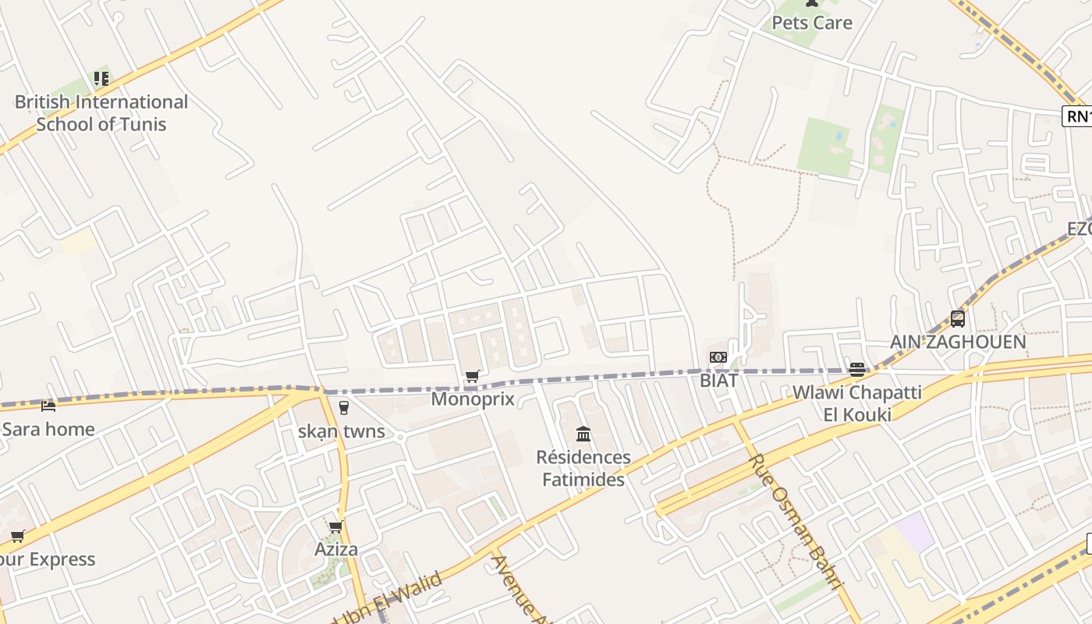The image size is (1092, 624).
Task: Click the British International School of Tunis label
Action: pyautogui.click(x=101, y=113)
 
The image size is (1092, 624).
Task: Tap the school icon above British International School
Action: pyautogui.click(x=101, y=78)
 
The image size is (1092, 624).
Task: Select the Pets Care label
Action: pyautogui.click(x=812, y=23)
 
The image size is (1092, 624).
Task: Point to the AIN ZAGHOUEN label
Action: pyautogui.click(x=958, y=342)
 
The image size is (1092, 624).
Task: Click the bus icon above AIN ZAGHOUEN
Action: pyautogui.click(x=958, y=318)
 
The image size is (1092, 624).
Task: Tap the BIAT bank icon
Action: pyautogui.click(x=718, y=358)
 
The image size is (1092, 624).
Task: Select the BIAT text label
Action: pyautogui.click(x=718, y=381)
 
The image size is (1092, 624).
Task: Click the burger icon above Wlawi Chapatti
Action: pyautogui.click(x=857, y=370)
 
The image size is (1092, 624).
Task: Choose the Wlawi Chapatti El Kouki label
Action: pyautogui.click(x=857, y=402)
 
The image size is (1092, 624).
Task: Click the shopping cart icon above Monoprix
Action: pyautogui.click(x=472, y=377)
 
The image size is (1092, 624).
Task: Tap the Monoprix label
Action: pyautogui.click(x=473, y=399)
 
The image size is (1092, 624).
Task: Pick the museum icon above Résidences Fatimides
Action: pyautogui.click(x=583, y=434)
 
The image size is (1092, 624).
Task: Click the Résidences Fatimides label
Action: pyautogui.click(x=583, y=468)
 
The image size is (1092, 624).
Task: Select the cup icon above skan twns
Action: pyautogui.click(x=343, y=407)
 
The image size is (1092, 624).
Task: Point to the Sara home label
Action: pyautogui.click(x=48, y=429)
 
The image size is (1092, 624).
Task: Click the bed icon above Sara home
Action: pyautogui.click(x=48, y=406)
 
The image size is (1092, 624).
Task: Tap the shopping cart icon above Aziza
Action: pyautogui.click(x=336, y=527)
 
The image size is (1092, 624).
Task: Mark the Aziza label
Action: pyautogui.click(x=336, y=549)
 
